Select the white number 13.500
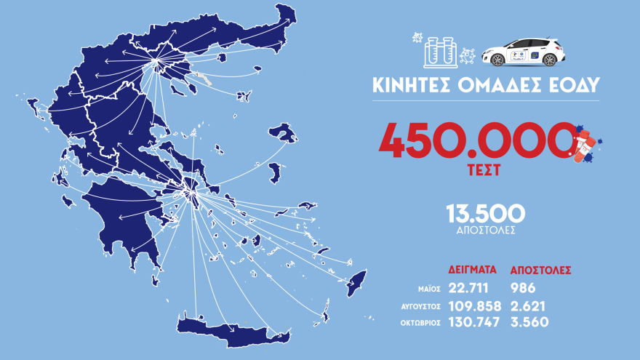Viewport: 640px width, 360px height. click(485, 213)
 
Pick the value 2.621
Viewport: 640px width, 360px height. click(529, 306)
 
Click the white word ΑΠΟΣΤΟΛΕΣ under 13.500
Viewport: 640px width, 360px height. click(485, 230)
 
